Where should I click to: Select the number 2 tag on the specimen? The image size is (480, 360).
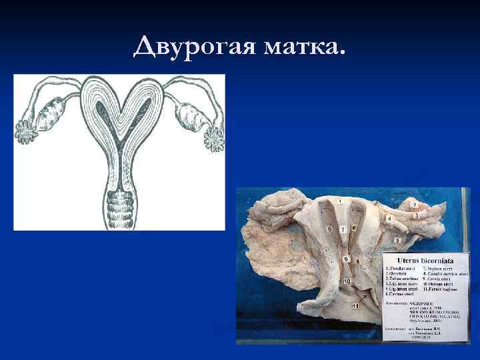pyautogui.click(x=415, y=204)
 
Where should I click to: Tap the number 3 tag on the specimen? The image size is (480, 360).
pyautogui.click(x=417, y=216)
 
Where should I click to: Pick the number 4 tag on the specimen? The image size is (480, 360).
pyautogui.click(x=389, y=218)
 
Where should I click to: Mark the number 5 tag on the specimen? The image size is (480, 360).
pyautogui.click(x=398, y=239)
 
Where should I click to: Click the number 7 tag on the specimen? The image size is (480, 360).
pyautogui.click(x=343, y=230)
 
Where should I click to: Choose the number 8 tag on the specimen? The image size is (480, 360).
pyautogui.click(x=358, y=262)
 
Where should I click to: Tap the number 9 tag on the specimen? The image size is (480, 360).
pyautogui.click(x=346, y=258)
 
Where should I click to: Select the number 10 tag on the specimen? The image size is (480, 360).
pyautogui.click(x=347, y=282)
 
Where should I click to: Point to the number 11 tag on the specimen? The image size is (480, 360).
pyautogui.click(x=355, y=305)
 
